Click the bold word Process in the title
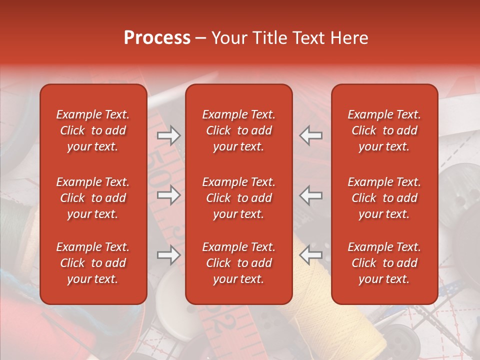tap(157, 38)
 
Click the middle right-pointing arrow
tap(168, 195)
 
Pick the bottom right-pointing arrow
tap(168, 255)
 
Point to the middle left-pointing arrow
tap(311, 195)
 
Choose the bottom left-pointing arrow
tap(311, 255)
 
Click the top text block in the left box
tap(93, 130)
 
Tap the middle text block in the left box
tap(93, 198)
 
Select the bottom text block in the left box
tap(93, 263)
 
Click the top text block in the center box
tap(238, 130)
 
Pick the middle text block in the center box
tap(238, 198)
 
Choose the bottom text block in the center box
tap(238, 263)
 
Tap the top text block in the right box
tap(384, 130)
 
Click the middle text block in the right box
tap(384, 198)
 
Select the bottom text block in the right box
tap(384, 263)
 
